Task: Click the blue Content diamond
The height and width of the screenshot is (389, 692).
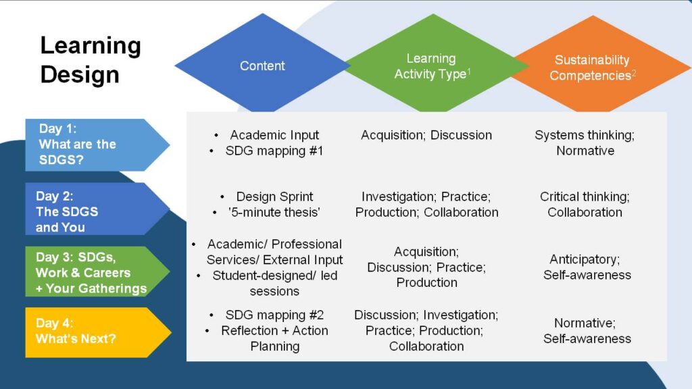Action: pyautogui.click(x=262, y=66)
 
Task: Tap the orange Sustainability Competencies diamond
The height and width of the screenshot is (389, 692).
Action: pyautogui.click(x=591, y=68)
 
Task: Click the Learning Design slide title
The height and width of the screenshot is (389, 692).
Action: pyautogui.click(x=91, y=59)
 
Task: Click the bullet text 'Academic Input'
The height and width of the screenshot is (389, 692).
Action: pyautogui.click(x=274, y=135)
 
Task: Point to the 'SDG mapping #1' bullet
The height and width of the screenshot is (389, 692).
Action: pyautogui.click(x=274, y=151)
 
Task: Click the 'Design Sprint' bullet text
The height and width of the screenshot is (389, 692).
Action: pyautogui.click(x=274, y=197)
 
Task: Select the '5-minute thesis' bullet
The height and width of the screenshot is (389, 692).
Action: pyautogui.click(x=274, y=212)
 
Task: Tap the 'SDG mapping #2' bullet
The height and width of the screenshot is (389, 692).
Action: pyautogui.click(x=274, y=315)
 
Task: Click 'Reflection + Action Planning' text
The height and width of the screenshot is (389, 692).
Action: pyautogui.click(x=274, y=338)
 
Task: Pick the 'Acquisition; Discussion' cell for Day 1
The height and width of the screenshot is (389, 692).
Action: pyautogui.click(x=426, y=135)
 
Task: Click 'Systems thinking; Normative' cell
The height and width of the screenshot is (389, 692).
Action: pyautogui.click(x=585, y=142)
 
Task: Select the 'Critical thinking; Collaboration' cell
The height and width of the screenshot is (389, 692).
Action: pyautogui.click(x=585, y=204)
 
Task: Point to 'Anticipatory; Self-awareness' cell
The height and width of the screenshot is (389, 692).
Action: pyautogui.click(x=587, y=267)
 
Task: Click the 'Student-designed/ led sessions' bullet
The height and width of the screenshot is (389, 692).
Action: pyautogui.click(x=274, y=283)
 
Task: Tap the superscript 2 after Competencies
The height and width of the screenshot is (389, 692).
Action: pyautogui.click(x=634, y=72)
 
